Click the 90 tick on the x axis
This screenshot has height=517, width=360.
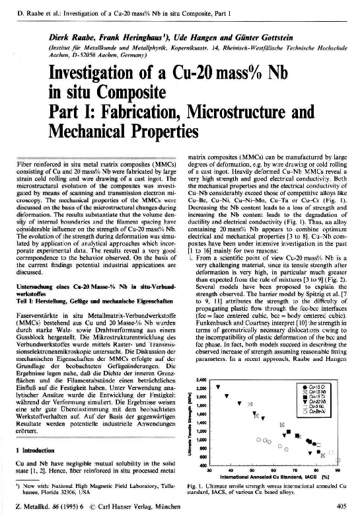(x=337, y=470)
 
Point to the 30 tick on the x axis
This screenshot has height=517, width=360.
(x=209, y=470)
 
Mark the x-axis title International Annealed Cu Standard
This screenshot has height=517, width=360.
(x=265, y=476)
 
